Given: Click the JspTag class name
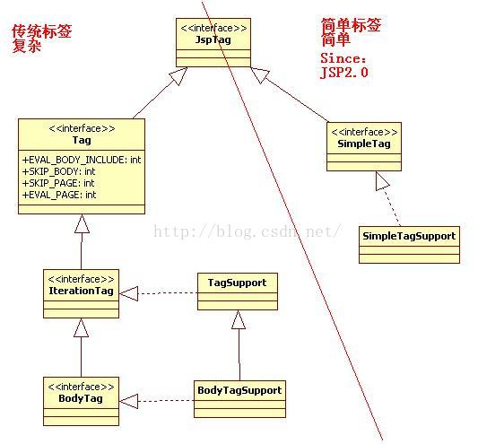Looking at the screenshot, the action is [213, 40].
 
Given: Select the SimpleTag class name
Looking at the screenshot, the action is [364, 144].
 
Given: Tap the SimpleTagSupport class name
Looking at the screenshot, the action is [409, 236].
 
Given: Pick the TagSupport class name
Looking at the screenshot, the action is [237, 283].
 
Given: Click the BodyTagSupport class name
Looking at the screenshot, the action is [239, 390].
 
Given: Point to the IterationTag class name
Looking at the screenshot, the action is [81, 291].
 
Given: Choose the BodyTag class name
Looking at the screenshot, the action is [81, 398].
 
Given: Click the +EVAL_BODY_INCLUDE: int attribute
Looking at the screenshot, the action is [82, 160].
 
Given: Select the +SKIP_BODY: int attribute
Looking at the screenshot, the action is [58, 171].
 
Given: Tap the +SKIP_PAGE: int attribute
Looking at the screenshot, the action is [58, 183].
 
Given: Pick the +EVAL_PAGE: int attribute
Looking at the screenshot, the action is [59, 195].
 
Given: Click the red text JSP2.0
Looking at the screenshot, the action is [344, 73].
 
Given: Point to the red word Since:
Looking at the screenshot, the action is [343, 58].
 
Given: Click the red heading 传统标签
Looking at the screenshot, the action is [42, 31].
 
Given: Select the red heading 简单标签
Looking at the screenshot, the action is [351, 25].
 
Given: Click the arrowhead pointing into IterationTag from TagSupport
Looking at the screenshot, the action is [128, 293].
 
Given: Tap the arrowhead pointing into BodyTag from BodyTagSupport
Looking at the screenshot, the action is [128, 401].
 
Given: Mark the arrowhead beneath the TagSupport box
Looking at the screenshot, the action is [239, 319].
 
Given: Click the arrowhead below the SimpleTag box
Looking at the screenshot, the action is [382, 181].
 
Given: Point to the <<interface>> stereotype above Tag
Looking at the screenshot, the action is [82, 128].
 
